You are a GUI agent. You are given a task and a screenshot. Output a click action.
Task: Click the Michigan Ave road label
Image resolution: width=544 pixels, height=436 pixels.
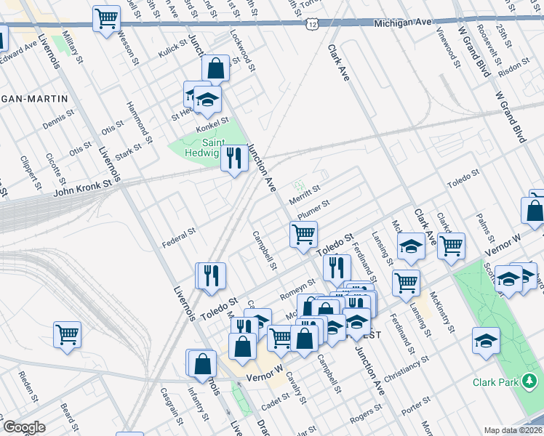[x=403, y=23]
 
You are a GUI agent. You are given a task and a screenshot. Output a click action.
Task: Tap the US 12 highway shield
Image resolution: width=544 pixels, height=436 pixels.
[x=311, y=25]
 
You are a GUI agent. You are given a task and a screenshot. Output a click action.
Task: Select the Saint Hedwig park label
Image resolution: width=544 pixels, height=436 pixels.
[x=198, y=148]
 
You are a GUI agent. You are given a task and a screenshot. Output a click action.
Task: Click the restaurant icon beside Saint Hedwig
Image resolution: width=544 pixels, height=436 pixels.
[x=233, y=158]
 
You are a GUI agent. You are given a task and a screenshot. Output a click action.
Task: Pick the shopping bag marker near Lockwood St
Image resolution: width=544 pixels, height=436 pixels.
[x=215, y=69]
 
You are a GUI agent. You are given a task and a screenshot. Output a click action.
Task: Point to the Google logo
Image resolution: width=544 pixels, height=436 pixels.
[x=24, y=427]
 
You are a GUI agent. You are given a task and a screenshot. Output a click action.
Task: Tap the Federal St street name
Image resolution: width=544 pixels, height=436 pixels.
[x=179, y=234]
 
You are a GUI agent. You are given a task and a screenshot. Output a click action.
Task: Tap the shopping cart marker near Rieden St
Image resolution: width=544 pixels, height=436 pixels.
[x=67, y=334]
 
